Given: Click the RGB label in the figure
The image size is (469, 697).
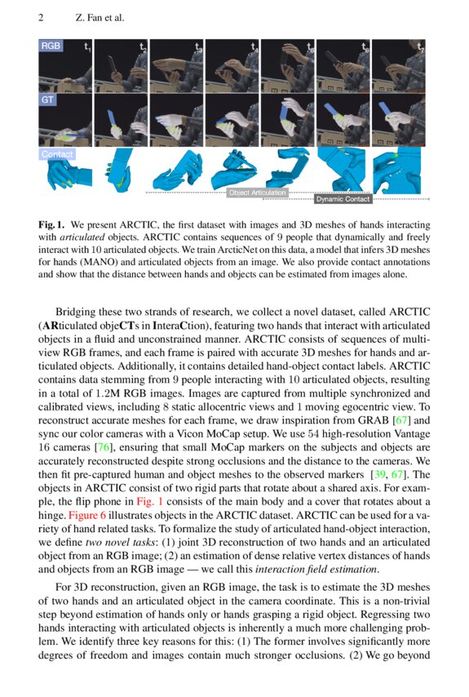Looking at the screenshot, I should [x=51, y=47].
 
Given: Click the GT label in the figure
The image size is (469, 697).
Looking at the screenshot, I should [x=48, y=100].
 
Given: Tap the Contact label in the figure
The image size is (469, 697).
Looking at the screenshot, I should [x=57, y=153].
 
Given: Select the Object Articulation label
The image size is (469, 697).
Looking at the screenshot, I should [x=258, y=193].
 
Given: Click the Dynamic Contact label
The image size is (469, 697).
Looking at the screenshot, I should [x=343, y=198].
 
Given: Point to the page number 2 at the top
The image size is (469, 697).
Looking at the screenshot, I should [x=41, y=18].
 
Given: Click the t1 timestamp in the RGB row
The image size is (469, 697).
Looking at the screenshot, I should [x=87, y=47].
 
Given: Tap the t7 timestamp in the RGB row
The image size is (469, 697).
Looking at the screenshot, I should [x=421, y=47].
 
